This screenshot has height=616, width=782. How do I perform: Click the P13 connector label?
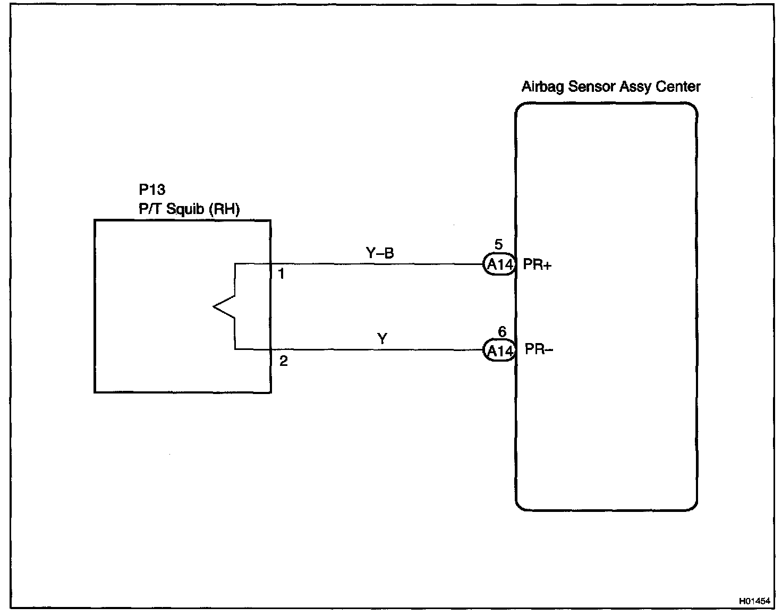[152, 190]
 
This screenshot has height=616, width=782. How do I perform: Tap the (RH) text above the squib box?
[224, 209]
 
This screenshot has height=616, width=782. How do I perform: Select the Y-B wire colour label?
[380, 253]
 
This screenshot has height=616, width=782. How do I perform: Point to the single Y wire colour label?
[382, 338]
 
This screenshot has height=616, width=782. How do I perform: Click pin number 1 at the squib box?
[282, 275]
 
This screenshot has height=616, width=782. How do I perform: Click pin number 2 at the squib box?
[283, 361]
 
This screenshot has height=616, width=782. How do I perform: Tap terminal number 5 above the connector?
[498, 245]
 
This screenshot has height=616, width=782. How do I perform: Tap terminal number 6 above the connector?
[502, 332]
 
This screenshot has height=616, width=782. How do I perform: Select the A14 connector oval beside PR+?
[499, 264]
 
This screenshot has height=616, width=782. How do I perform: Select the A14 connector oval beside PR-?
[499, 351]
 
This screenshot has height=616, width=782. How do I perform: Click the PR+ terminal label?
[537, 264]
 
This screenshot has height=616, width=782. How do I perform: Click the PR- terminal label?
[539, 349]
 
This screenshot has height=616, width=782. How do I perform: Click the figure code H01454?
[754, 602]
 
